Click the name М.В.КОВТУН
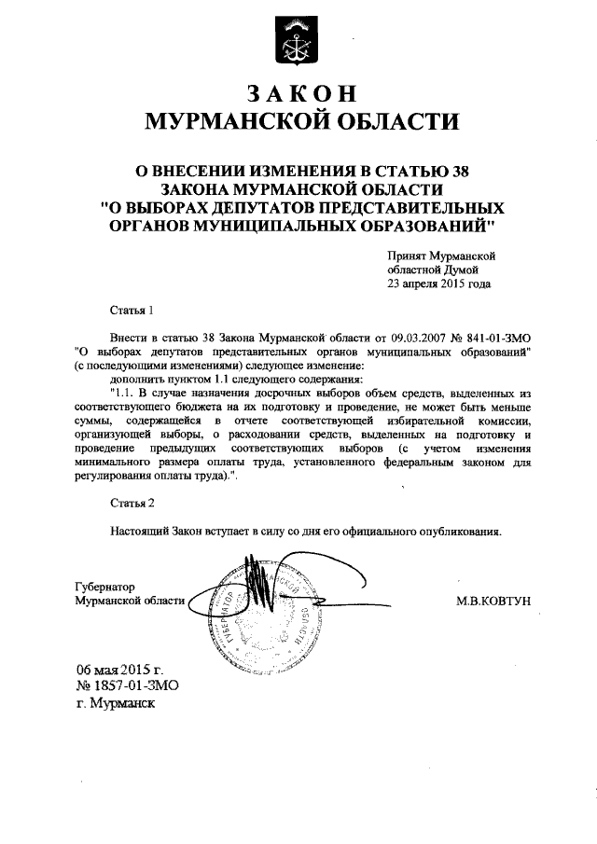point(493,602)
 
